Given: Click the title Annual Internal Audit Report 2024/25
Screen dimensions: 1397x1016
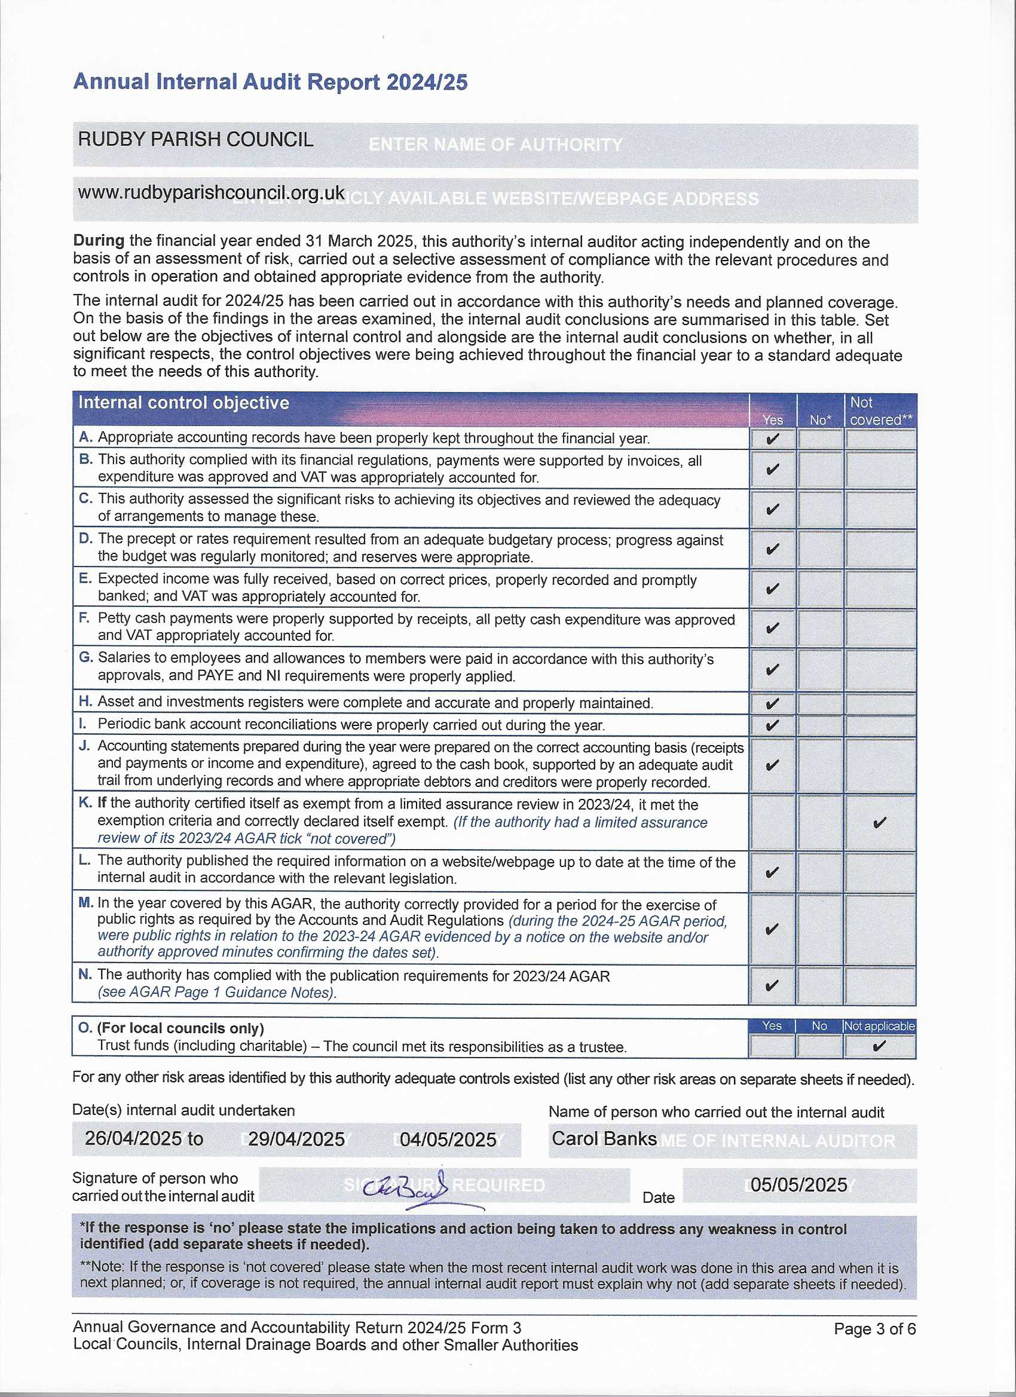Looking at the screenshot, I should coord(270,82).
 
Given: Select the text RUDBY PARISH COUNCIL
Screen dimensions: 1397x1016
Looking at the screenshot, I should coord(195,140).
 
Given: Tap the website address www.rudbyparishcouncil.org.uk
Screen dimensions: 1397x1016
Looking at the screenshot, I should coord(211,193).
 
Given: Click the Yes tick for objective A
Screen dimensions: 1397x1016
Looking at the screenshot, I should coord(772,439).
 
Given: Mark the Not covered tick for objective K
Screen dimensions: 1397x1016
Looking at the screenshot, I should coord(879,822).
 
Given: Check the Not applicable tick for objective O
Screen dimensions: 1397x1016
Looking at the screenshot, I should coord(879,1046).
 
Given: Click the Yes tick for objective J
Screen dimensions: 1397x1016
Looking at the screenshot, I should coord(772,765).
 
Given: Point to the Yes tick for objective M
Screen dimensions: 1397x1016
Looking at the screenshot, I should coord(772,929).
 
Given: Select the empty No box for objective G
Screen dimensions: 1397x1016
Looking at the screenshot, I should coord(819,669).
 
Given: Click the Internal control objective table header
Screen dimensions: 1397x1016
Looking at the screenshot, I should coord(183,403).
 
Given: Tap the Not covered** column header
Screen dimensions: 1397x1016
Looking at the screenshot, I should coord(880,411).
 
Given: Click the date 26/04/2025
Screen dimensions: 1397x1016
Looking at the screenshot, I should coord(133,1138).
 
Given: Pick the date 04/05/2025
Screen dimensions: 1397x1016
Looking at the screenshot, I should coord(448,1139).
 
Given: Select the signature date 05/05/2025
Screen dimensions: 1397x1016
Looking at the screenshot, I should coord(798,1185).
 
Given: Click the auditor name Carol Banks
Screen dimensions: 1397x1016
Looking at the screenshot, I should coord(604,1138).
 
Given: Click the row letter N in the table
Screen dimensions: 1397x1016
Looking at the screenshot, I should coord(85,975).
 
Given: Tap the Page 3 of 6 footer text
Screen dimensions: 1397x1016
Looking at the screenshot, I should coord(874,1329).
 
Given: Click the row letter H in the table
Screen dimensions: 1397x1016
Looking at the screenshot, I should coord(85,701).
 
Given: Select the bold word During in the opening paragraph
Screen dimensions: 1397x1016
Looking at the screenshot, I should coord(99,241).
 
